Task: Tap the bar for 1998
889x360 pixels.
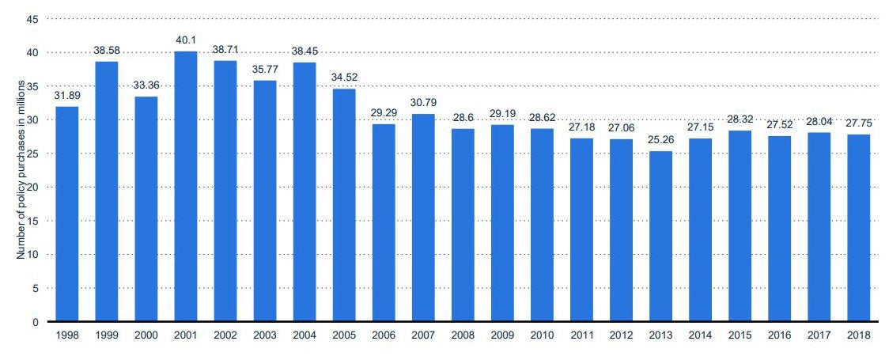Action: pos(66,214)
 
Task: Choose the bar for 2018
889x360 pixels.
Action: pos(858,229)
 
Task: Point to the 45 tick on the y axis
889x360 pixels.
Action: pos(33,19)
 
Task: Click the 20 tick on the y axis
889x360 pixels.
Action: pos(33,188)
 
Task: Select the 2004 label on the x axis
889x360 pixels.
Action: pos(305,335)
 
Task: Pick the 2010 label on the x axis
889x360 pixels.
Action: pos(542,335)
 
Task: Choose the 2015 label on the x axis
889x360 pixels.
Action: pos(740,335)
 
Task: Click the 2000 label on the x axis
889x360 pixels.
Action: pos(146,335)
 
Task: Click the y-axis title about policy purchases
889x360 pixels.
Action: pos(22,169)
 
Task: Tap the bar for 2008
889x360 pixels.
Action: pos(463,225)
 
